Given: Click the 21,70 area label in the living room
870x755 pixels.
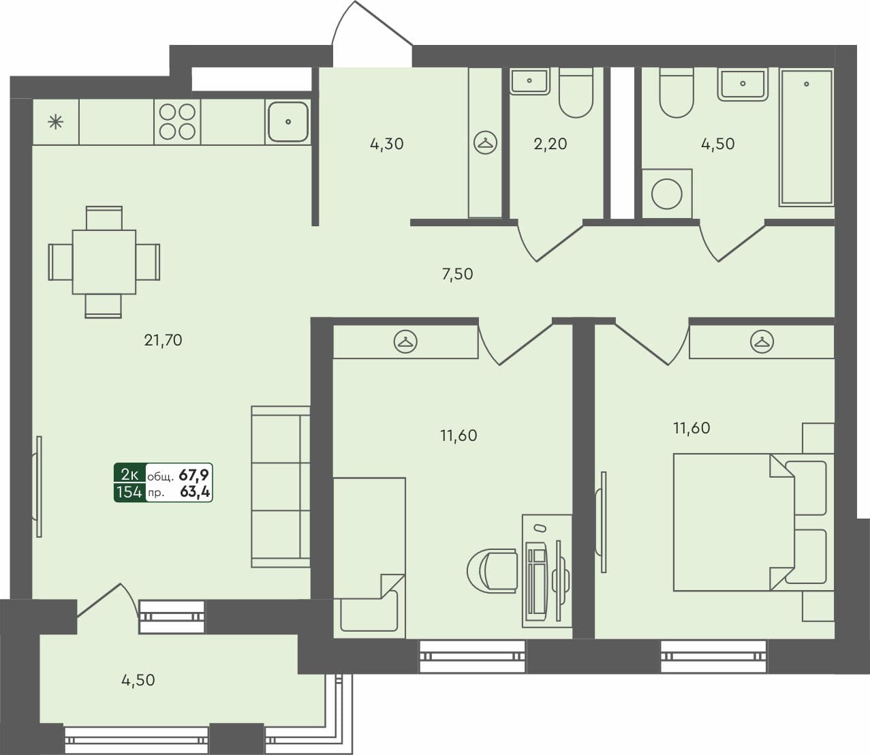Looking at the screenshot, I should tap(163, 340).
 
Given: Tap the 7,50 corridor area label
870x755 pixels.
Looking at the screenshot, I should tap(457, 275).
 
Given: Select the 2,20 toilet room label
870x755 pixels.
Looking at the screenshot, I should tap(550, 144).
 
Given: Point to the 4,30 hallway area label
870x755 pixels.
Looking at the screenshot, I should tap(386, 144).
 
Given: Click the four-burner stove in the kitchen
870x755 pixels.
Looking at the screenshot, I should tap(177, 121).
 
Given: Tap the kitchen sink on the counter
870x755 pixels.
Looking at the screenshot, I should tap(288, 122).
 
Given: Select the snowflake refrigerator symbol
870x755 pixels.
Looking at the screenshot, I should tap(55, 123).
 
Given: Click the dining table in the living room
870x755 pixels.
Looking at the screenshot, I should tap(104, 262).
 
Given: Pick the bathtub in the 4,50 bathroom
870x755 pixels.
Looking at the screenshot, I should tap(806, 136).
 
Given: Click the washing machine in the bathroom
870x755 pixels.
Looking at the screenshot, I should tap(666, 194).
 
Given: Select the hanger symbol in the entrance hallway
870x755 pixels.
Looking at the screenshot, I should tap(485, 142).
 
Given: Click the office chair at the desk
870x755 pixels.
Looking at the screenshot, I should tap(492, 570).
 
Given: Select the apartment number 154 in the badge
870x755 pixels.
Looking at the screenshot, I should tap(129, 492).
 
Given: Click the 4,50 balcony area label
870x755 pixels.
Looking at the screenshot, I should tap(138, 680).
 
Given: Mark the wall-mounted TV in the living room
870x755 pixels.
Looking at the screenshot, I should tap(39, 487).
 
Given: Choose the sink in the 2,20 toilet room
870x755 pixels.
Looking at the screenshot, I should tap(529, 81).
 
